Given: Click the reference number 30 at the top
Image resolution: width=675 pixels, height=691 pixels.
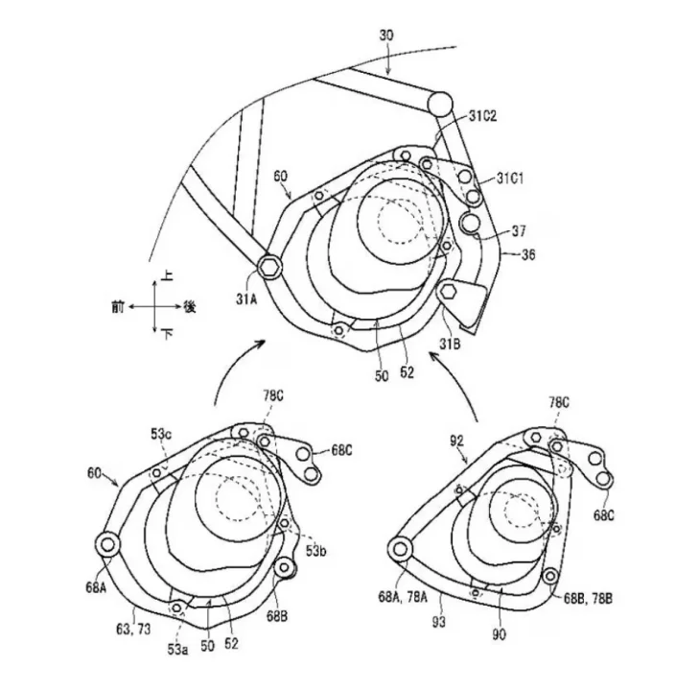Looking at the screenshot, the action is pyautogui.click(x=386, y=36).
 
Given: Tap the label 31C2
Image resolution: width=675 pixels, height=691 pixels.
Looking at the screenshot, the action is pyautogui.click(x=482, y=116).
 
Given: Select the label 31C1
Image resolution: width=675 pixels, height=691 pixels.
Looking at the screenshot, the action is pyautogui.click(x=510, y=179).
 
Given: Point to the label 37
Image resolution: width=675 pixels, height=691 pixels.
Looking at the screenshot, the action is pyautogui.click(x=519, y=231).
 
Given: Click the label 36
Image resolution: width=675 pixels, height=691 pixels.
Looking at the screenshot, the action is pyautogui.click(x=528, y=254).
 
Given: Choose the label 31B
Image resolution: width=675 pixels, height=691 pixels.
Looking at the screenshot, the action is pyautogui.click(x=449, y=344).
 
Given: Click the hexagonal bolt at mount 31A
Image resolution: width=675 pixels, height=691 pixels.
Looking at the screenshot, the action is pyautogui.click(x=268, y=266).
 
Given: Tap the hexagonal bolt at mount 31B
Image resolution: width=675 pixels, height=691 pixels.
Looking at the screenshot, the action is pyautogui.click(x=448, y=291).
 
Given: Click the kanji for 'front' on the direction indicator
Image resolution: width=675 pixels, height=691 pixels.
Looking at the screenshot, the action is pyautogui.click(x=118, y=306).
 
